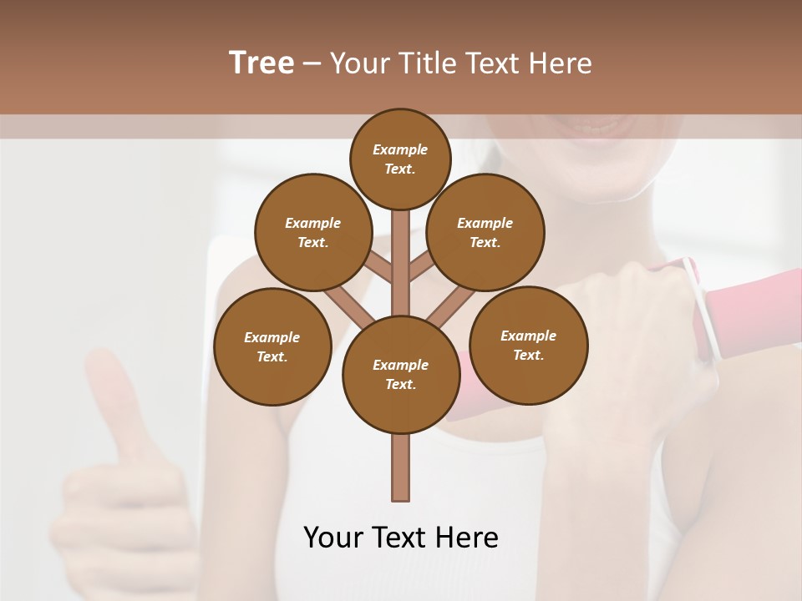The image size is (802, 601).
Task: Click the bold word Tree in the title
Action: click(261, 63)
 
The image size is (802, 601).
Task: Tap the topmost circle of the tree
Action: click(400, 159)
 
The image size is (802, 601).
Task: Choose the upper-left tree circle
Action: click(312, 232)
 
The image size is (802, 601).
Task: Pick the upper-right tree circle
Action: click(485, 232)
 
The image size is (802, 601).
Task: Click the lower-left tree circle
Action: click(272, 346)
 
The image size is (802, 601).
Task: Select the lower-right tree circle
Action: click(528, 345)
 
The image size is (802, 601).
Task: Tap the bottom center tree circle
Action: click(401, 375)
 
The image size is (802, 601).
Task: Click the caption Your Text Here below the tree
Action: click(400, 538)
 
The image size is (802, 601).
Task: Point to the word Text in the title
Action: click(495, 63)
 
